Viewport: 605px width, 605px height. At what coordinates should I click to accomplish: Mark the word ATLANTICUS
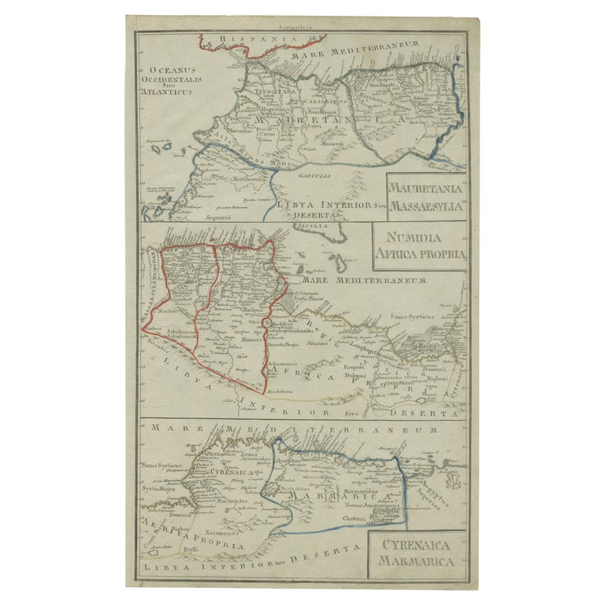167,91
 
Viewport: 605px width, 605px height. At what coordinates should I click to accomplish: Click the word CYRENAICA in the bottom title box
414,545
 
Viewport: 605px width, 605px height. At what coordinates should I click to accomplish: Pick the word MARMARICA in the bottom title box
414,562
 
